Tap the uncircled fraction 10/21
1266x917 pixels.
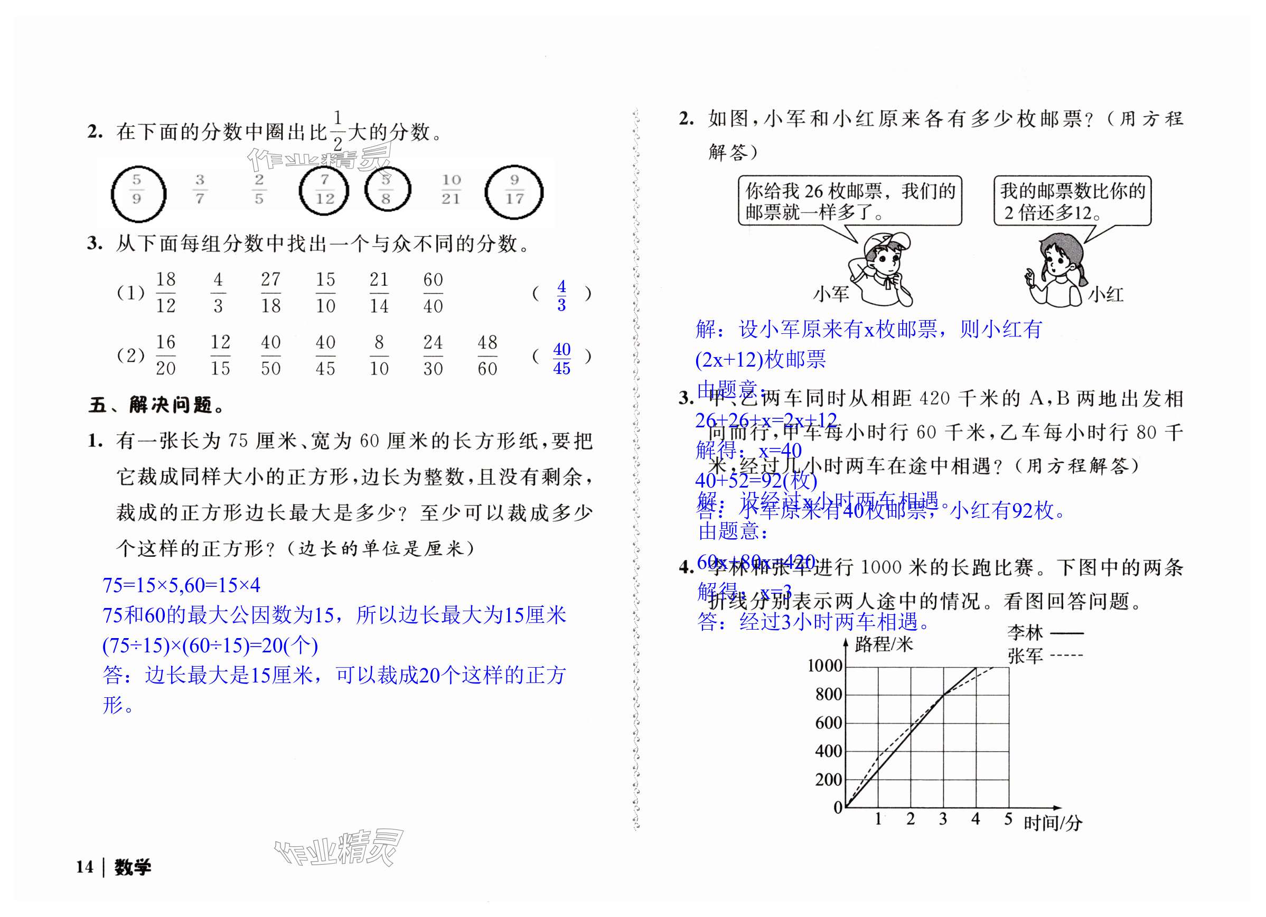click(451, 190)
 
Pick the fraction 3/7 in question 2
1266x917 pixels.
click(200, 190)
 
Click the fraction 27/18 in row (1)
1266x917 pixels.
click(271, 293)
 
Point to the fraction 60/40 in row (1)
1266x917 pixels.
click(433, 293)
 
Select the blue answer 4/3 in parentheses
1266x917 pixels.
click(561, 295)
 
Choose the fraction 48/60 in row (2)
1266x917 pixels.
click(487, 355)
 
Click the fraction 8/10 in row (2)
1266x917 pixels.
click(379, 355)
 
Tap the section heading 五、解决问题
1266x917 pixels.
click(156, 405)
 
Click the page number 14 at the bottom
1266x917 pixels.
click(85, 867)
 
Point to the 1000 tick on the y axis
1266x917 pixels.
click(825, 666)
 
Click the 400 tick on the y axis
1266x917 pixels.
click(828, 751)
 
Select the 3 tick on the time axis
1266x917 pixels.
click(943, 819)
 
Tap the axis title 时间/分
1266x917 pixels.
click(1052, 822)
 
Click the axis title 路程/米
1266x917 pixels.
click(884, 644)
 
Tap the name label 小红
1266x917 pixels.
click(1105, 294)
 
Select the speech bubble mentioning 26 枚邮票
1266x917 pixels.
click(850, 201)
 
